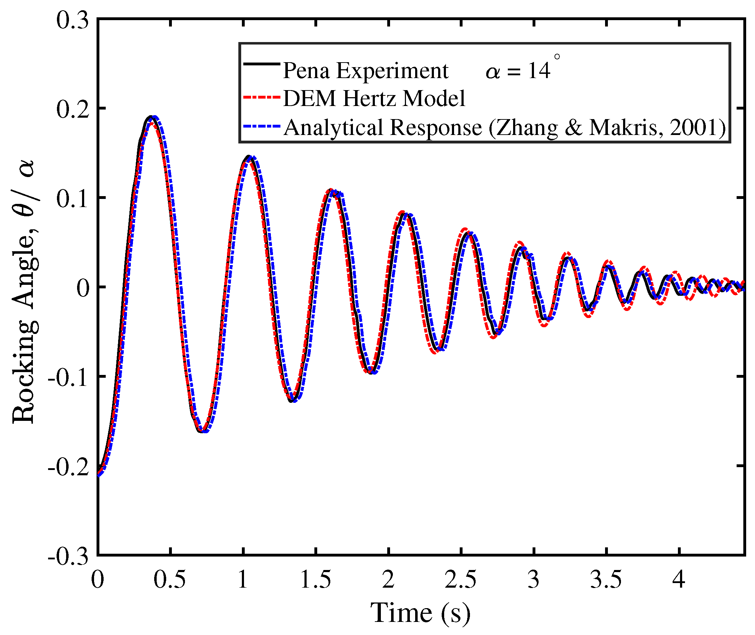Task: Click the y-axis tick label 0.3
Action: (72, 20)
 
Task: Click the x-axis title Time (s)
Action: (420, 613)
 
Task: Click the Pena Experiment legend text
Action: (365, 71)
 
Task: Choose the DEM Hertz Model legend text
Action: (374, 99)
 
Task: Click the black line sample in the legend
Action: (262, 64)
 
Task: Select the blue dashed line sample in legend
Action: (262, 127)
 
